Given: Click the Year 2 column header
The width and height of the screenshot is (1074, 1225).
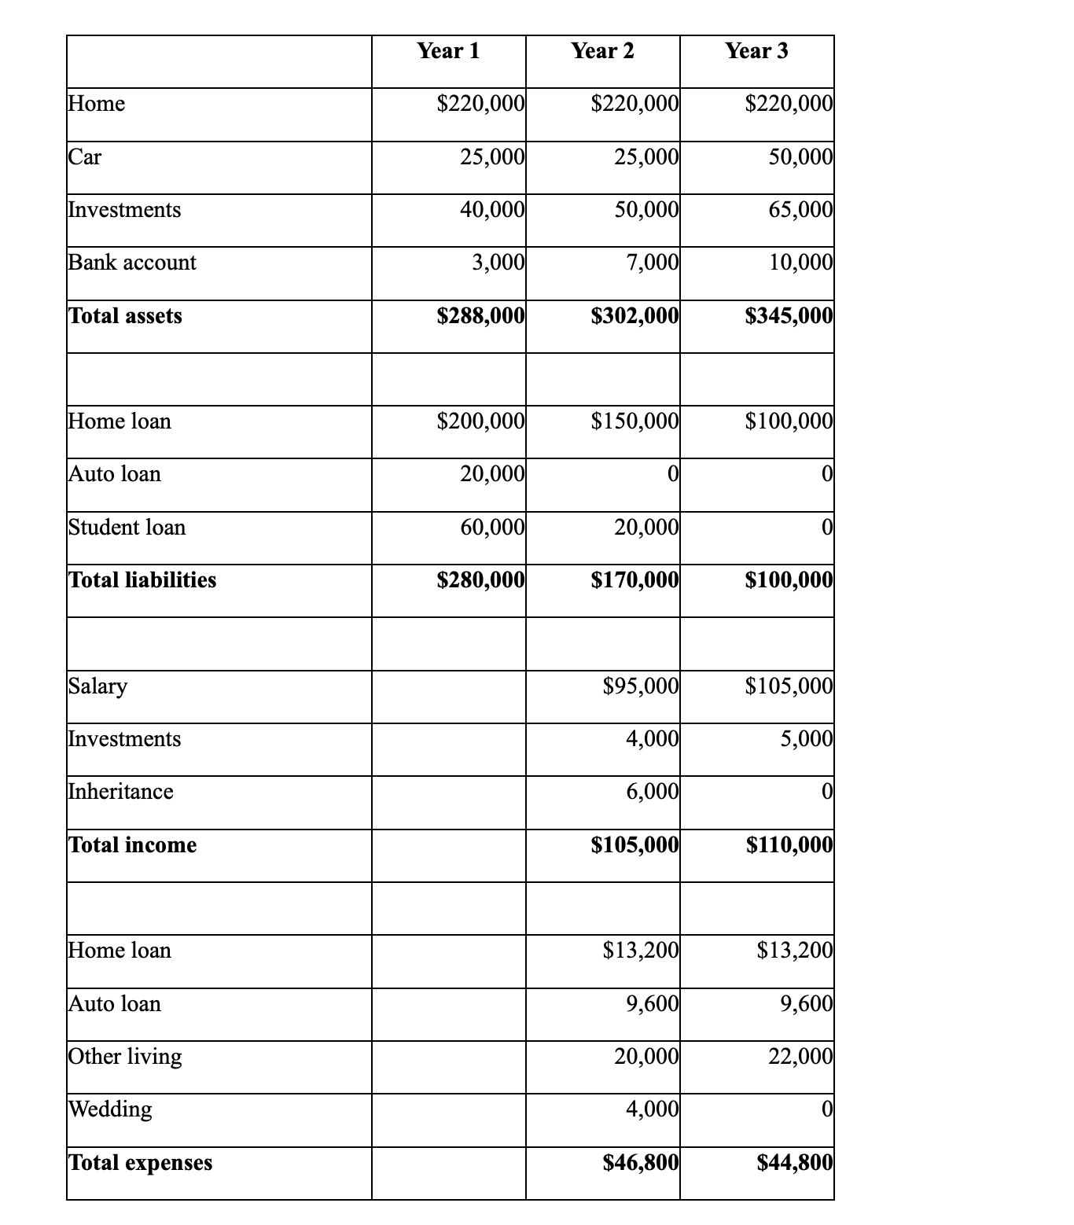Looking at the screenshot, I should point(602,51).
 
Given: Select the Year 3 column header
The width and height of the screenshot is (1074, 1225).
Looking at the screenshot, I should point(756,51).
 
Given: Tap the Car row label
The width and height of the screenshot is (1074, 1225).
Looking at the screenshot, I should point(85,157).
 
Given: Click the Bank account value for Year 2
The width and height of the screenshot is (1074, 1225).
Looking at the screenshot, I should point(652,263).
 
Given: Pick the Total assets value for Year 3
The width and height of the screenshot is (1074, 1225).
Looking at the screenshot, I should point(789,316).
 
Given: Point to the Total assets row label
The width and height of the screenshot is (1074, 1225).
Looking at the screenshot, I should point(126,316).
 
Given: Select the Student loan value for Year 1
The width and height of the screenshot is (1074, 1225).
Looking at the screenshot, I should point(492,527).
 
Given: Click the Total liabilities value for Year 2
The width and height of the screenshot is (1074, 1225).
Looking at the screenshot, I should point(634,580).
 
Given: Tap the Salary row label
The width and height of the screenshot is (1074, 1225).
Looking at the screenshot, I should point(98,686).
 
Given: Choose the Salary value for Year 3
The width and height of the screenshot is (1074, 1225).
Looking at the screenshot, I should point(789,686).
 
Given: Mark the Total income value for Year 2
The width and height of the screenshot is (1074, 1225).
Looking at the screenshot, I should point(634,845).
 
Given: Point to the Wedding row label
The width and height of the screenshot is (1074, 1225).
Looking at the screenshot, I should point(111,1109).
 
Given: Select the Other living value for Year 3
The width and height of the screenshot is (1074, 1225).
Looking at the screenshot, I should point(800,1056).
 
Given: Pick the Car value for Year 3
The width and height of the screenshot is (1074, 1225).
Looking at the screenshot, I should point(800,157).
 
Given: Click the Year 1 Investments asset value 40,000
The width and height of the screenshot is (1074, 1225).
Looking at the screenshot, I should point(492,210).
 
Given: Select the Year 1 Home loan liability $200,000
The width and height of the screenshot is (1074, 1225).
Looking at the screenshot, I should point(480,421).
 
